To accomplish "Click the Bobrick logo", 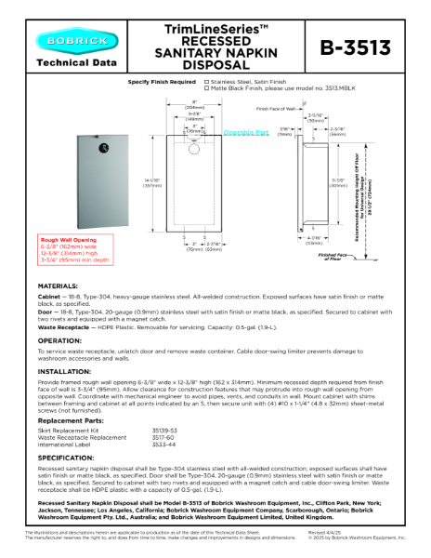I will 63,41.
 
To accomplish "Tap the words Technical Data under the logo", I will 63,63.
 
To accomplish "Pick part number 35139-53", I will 163,432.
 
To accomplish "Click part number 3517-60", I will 162,437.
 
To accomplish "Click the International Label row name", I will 63,444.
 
